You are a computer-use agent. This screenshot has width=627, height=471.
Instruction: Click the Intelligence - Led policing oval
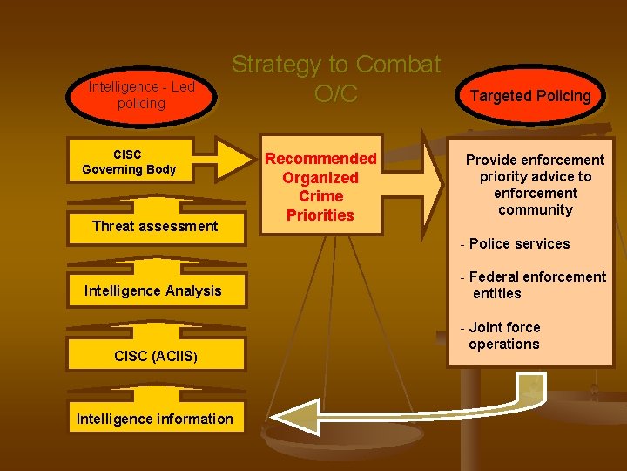click(x=141, y=95)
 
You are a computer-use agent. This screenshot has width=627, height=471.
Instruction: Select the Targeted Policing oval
click(x=530, y=96)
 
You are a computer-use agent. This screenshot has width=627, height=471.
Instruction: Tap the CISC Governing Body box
click(x=129, y=162)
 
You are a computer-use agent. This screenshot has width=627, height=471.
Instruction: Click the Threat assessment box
click(x=155, y=226)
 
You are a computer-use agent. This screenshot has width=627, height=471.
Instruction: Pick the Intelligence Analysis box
click(x=153, y=290)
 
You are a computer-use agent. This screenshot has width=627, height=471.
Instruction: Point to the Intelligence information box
click(x=155, y=419)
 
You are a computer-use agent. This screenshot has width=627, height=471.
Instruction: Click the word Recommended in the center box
click(x=320, y=159)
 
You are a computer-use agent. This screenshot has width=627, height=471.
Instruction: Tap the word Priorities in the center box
click(x=320, y=215)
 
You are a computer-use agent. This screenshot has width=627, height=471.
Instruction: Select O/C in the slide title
click(x=336, y=94)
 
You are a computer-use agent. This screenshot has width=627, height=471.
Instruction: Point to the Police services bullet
click(x=518, y=243)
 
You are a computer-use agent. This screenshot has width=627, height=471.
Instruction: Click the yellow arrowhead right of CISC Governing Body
click(x=233, y=158)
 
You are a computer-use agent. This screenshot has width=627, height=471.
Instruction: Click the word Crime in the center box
click(x=320, y=196)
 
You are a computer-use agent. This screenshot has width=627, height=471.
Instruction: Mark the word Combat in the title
click(x=398, y=65)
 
